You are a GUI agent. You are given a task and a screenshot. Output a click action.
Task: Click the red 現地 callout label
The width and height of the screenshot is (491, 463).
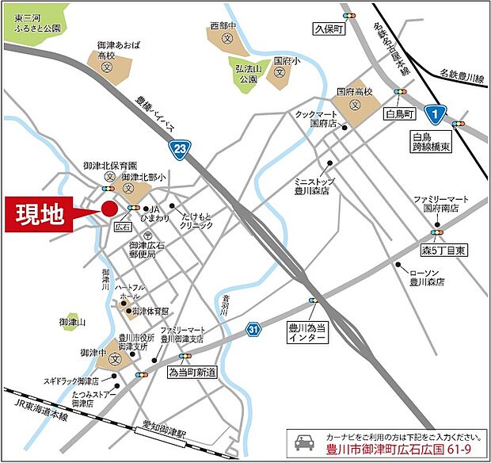(40, 214)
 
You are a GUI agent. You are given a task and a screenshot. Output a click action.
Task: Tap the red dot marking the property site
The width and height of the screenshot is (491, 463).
(109, 209)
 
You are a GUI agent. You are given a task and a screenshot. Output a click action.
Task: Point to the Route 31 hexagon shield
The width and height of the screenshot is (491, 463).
(252, 328)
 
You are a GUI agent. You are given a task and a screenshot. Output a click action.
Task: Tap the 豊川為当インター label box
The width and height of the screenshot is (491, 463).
(306, 332)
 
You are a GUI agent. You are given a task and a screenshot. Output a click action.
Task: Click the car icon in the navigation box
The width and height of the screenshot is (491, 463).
(303, 443)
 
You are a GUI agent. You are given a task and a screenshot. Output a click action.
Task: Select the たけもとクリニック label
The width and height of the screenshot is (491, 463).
(197, 220)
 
